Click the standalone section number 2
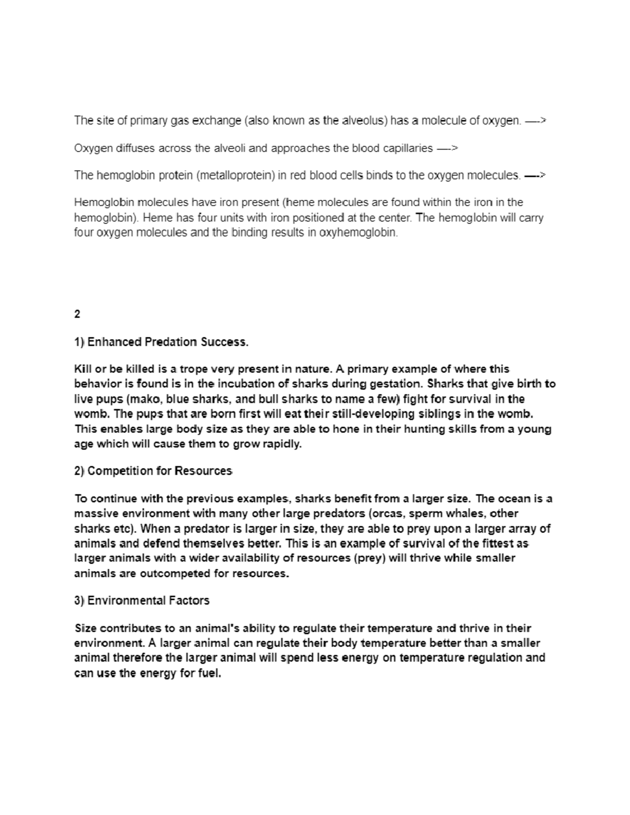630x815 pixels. click(77, 314)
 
